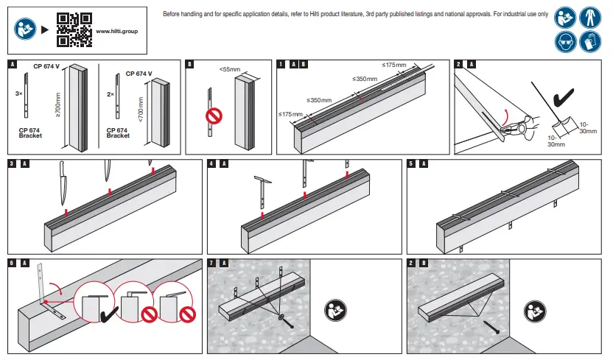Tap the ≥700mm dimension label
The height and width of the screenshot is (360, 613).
(x=58, y=106)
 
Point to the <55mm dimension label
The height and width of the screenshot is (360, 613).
(x=229, y=69)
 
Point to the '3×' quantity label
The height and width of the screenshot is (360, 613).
(x=18, y=94)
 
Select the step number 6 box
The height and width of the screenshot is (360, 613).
(x=12, y=263)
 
